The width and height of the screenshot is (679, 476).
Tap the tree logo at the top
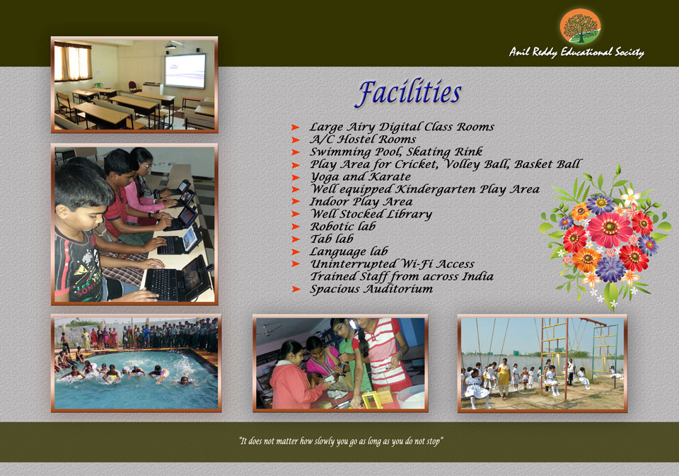[580, 26]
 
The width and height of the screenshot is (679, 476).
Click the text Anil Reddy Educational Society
[576, 52]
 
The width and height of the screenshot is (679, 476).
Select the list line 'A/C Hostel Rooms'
[362, 139]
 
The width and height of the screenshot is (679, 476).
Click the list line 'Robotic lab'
[342, 226]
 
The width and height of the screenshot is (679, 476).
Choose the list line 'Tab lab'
[331, 239]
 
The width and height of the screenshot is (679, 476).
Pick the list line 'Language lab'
[349, 251]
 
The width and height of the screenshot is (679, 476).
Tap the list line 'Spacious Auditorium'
[371, 289]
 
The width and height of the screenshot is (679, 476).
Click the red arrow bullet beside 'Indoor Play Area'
[296, 202]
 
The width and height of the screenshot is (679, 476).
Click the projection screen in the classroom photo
[185, 71]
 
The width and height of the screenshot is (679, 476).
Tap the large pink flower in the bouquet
[610, 229]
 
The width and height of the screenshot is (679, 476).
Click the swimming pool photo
[136, 363]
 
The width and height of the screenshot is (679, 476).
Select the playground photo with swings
[542, 363]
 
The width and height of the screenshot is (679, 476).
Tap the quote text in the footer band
[341, 441]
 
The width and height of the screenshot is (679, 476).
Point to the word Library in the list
[409, 214]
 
